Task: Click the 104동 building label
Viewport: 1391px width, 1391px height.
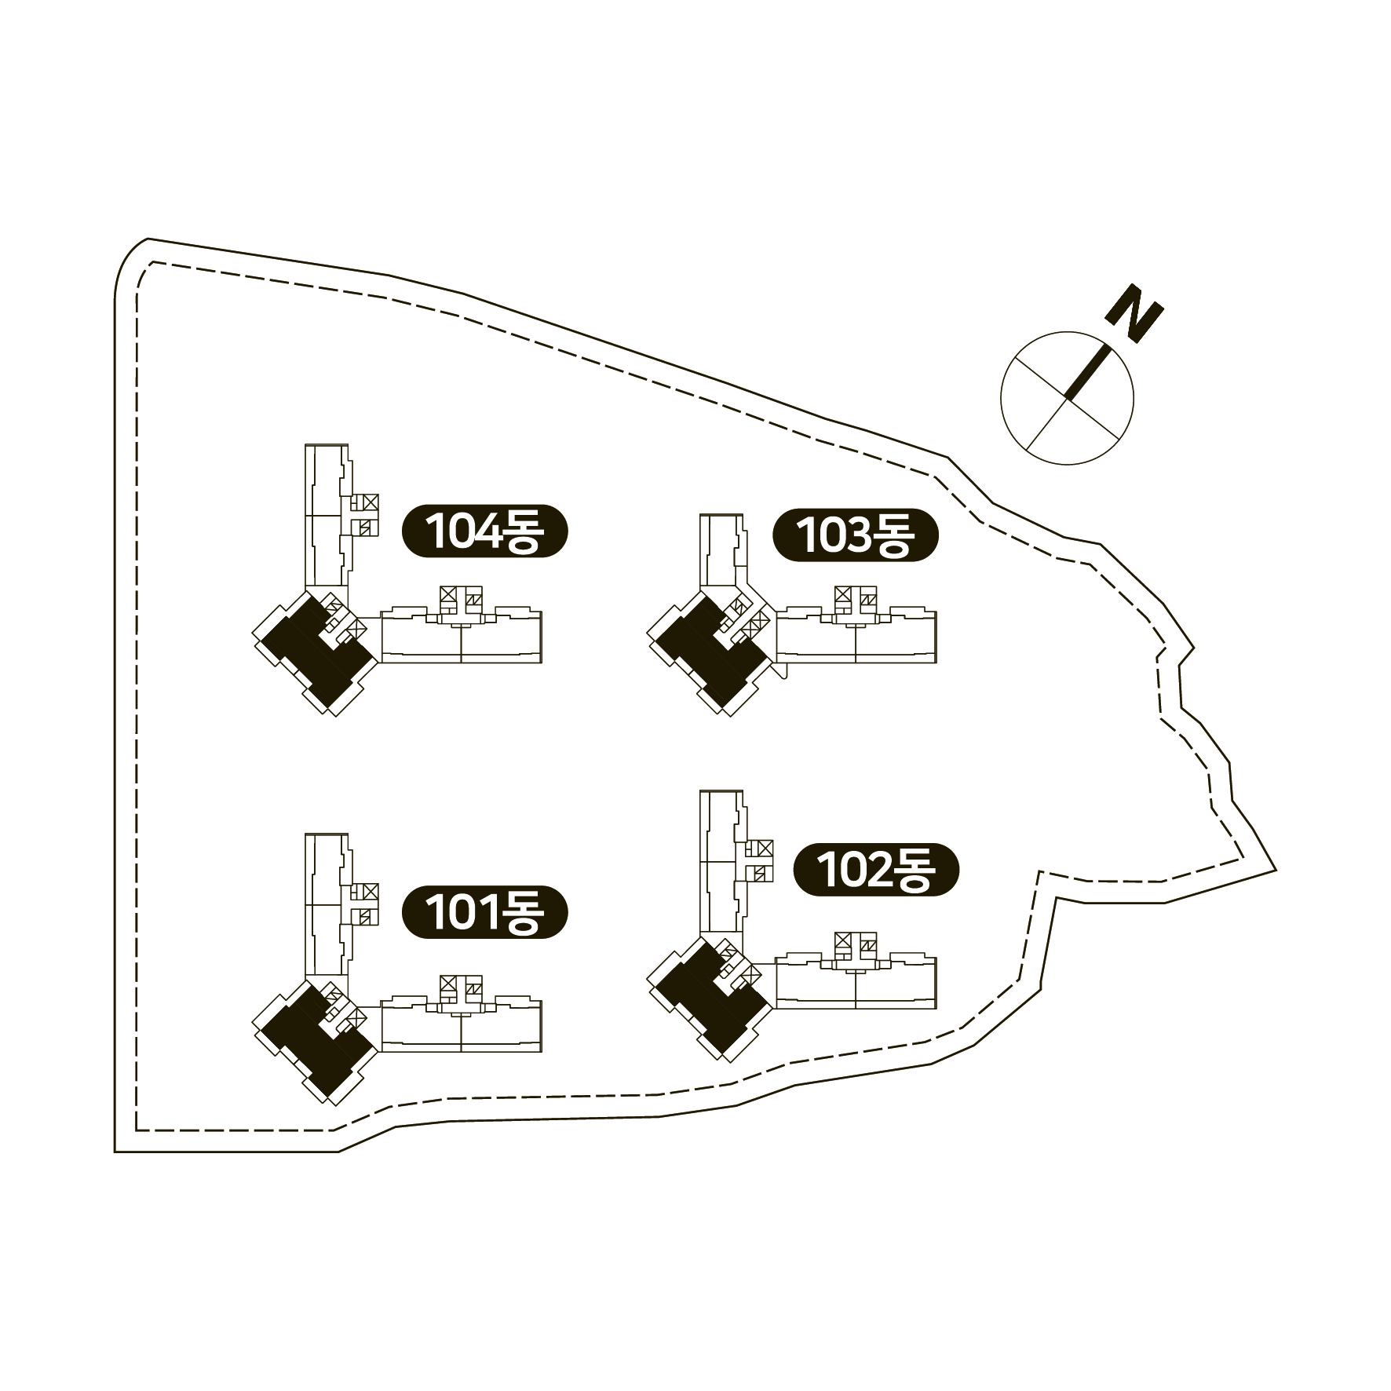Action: click(484, 531)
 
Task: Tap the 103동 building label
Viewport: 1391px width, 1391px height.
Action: click(856, 535)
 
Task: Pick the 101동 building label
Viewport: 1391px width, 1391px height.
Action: click(484, 913)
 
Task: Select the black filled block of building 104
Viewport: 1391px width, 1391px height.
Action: click(316, 651)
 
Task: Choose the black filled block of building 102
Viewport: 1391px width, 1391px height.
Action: click(711, 996)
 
